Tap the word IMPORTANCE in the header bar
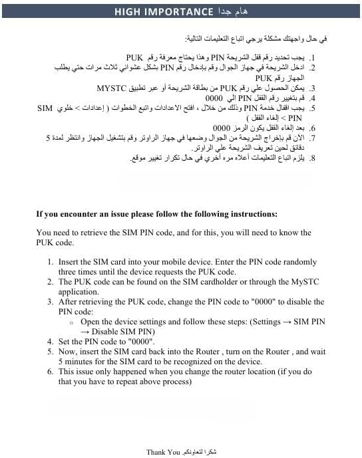point(177,11)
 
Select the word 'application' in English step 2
point(79,292)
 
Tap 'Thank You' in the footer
point(163,452)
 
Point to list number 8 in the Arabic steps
point(312,158)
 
